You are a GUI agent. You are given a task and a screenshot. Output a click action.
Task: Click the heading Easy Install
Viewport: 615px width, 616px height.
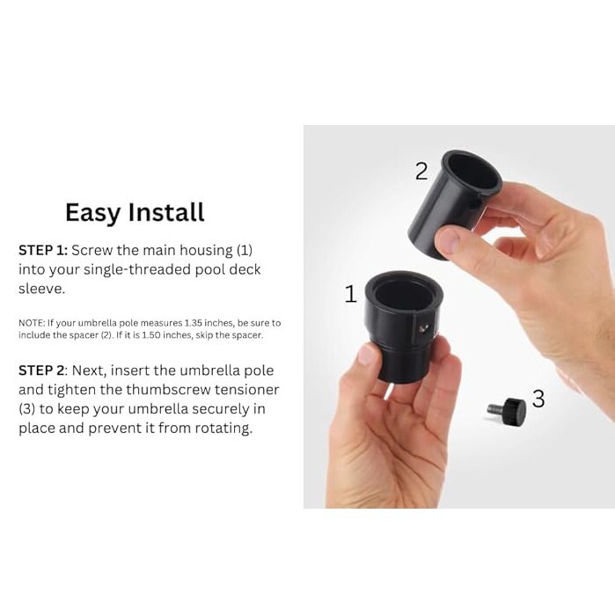tap(135, 213)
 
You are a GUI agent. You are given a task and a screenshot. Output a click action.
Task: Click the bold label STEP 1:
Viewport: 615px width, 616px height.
tap(43, 250)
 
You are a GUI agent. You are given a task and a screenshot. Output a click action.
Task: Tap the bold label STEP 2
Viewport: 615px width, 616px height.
tap(40, 370)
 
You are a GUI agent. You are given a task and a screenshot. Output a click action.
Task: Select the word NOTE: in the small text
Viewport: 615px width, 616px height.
tap(32, 323)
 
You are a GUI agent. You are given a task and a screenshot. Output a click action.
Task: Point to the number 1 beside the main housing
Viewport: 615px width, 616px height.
tap(351, 294)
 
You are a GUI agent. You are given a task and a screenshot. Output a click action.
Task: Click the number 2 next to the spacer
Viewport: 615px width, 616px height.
tap(421, 172)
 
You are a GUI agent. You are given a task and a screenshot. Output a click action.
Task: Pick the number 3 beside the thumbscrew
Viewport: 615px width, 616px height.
tap(538, 399)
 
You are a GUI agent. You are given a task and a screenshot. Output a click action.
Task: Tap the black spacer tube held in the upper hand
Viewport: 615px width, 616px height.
tap(453, 203)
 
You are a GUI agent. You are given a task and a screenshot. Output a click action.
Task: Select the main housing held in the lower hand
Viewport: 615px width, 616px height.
tap(403, 324)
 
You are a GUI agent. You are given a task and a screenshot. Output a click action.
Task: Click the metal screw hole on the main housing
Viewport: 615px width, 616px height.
tap(424, 328)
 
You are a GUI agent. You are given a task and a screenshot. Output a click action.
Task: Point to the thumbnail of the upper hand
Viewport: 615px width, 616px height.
tap(451, 238)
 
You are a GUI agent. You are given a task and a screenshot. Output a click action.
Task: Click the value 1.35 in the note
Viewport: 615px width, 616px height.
tap(194, 323)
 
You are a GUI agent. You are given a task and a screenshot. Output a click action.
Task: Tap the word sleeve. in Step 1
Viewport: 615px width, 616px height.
tap(41, 289)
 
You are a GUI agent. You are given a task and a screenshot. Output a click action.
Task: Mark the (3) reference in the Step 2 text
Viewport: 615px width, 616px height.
tap(27, 409)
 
